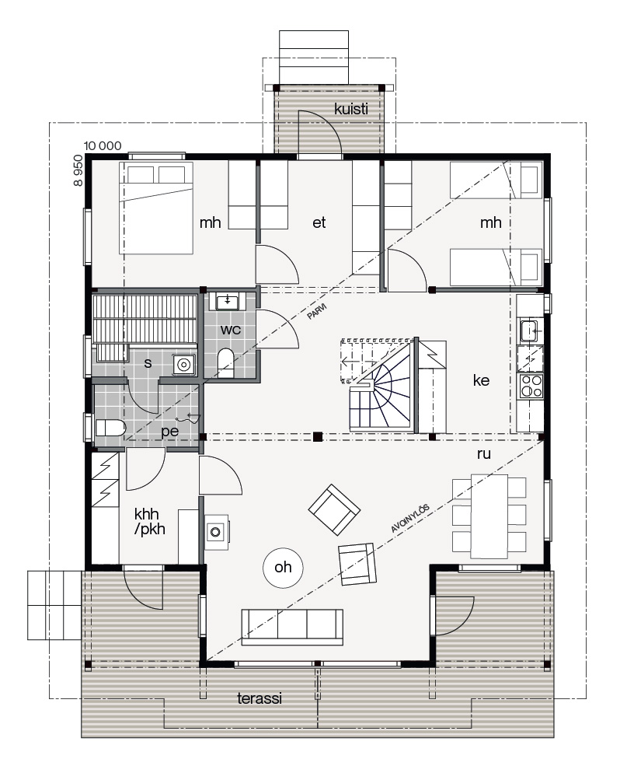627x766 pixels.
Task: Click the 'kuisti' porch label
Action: click(351, 108)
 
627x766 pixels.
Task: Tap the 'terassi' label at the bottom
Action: click(260, 698)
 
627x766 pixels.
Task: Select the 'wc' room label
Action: click(230, 330)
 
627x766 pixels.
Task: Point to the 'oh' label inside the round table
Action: click(283, 567)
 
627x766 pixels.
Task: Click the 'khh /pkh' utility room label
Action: click(150, 521)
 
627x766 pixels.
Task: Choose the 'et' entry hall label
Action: click(319, 222)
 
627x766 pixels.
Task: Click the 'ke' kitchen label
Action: click(481, 380)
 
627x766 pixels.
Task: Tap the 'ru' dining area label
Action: click(483, 454)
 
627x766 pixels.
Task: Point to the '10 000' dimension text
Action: click(103, 145)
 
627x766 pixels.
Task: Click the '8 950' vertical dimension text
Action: click(78, 170)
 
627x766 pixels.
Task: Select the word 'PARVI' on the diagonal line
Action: click(317, 312)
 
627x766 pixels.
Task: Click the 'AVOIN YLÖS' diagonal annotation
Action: click(410, 519)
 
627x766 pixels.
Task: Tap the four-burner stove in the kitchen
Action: click(531, 386)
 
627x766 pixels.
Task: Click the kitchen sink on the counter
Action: click(529, 331)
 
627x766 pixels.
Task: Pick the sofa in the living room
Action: click(292, 628)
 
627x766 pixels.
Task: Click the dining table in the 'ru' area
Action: click(489, 516)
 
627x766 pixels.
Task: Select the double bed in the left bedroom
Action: click(156, 208)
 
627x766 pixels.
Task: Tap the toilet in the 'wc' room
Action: click(225, 362)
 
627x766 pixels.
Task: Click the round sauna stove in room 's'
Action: click(183, 365)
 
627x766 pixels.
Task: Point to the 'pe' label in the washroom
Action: click(170, 432)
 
